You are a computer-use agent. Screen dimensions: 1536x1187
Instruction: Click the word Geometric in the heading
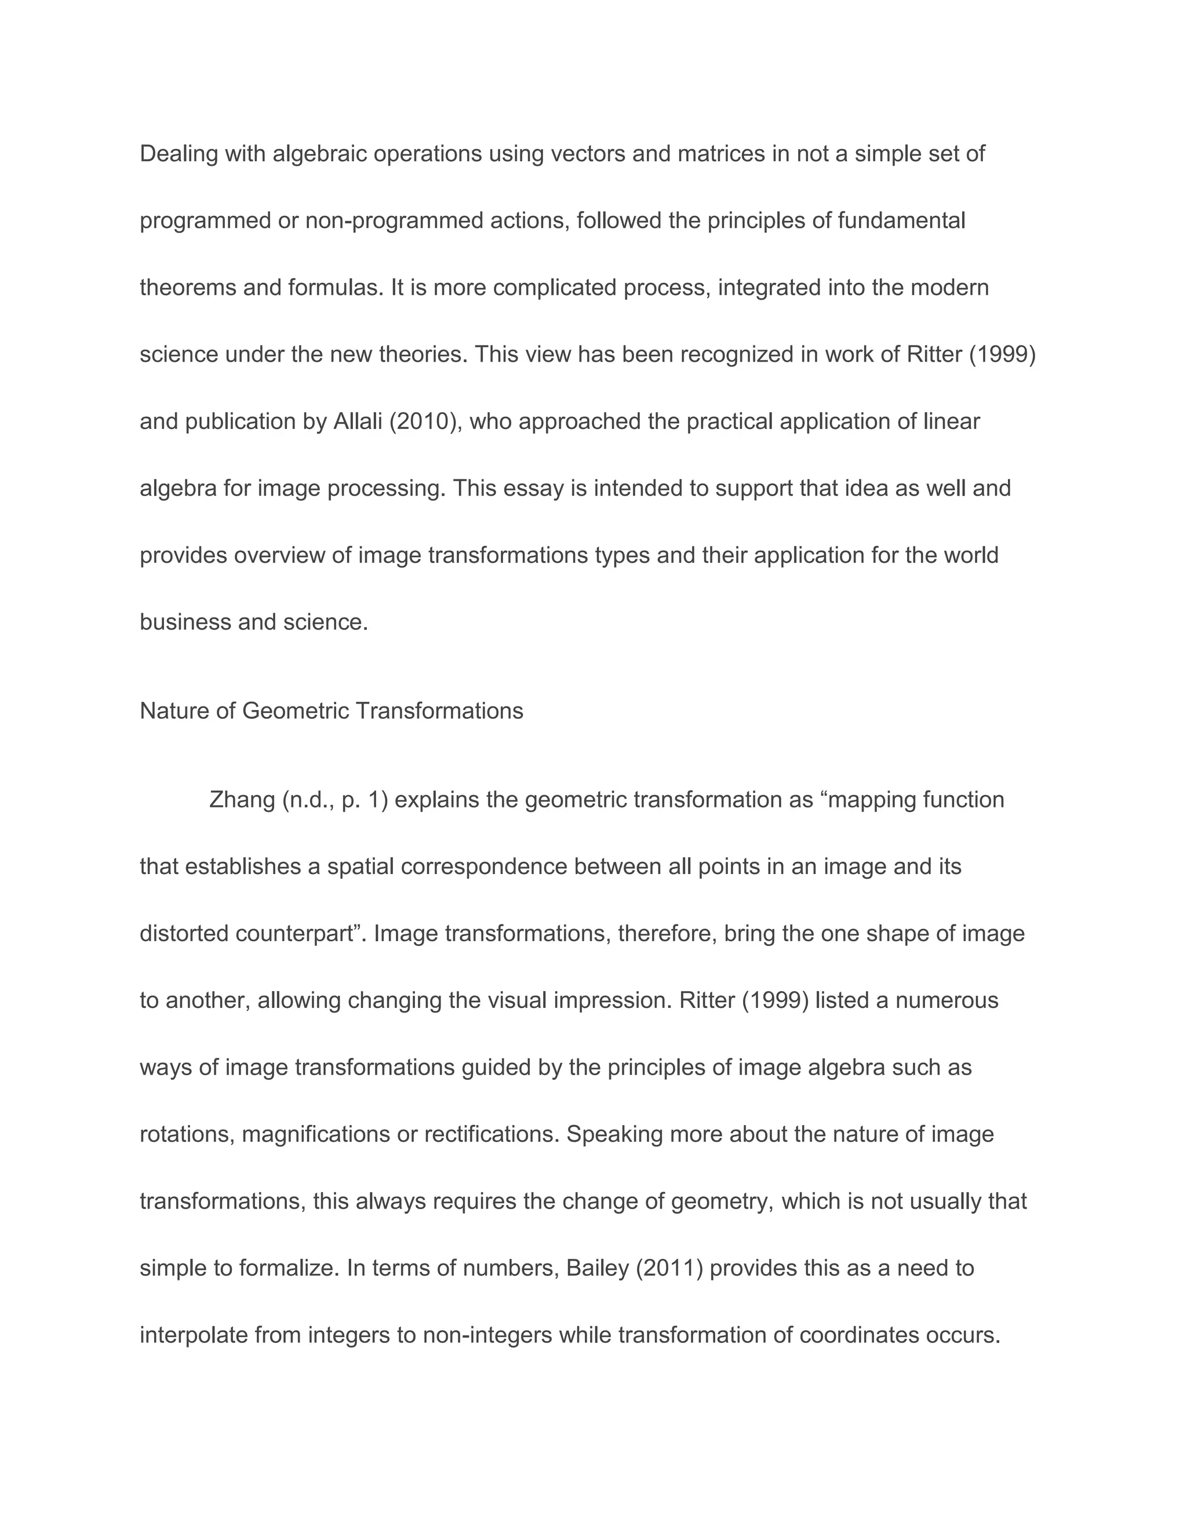(x=296, y=711)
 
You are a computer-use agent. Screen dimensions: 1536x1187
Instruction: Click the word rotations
(x=187, y=1134)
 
